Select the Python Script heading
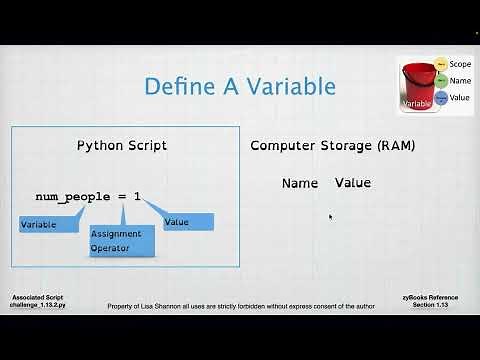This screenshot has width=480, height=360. click(x=122, y=145)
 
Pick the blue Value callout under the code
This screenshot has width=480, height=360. click(x=188, y=222)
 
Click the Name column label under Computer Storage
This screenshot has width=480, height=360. click(x=299, y=183)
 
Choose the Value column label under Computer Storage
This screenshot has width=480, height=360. click(x=352, y=183)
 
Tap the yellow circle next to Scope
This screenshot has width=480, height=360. click(x=442, y=64)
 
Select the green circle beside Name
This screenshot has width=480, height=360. click(x=442, y=81)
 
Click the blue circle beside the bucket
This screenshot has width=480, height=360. click(x=442, y=97)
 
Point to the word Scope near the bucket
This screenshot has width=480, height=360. click(x=461, y=64)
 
